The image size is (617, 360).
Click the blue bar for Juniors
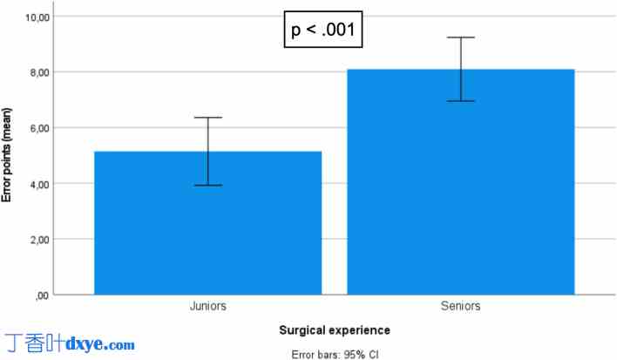pyautogui.click(x=207, y=223)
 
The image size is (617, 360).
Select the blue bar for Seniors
pyautogui.click(x=460, y=182)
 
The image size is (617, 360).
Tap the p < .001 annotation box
pyautogui.click(x=322, y=31)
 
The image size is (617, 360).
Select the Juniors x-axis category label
pyautogui.click(x=207, y=306)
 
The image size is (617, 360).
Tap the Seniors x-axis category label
pyautogui.click(x=460, y=306)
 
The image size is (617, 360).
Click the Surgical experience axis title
pyautogui.click(x=334, y=331)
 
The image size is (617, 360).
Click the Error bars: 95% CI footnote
pyautogui.click(x=334, y=354)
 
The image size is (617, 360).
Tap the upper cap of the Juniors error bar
pyautogui.click(x=207, y=118)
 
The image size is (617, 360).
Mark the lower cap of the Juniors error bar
pyautogui.click(x=207, y=185)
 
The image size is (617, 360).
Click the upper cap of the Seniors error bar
pyautogui.click(x=460, y=37)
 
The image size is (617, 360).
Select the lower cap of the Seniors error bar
pyautogui.click(x=460, y=101)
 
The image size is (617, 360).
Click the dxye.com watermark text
pyautogui.click(x=100, y=344)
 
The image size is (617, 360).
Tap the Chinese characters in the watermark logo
pyautogui.click(x=35, y=343)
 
